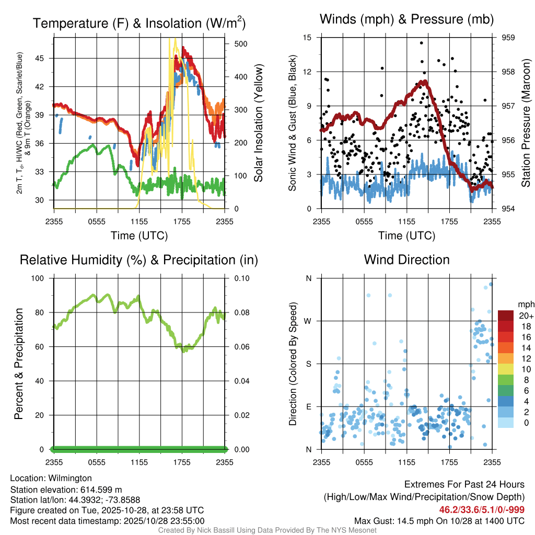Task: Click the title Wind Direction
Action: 406,260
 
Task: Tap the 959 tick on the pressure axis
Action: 509,38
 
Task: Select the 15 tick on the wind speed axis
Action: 307,38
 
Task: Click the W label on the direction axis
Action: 308,321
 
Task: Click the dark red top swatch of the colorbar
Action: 506,316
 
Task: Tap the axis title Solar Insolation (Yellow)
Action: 258,123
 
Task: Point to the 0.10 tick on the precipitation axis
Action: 240,278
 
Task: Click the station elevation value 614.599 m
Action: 101,490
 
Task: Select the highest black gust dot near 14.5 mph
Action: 421,43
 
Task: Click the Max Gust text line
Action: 439,521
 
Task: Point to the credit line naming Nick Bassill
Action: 267,530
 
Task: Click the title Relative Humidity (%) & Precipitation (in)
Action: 138,260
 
